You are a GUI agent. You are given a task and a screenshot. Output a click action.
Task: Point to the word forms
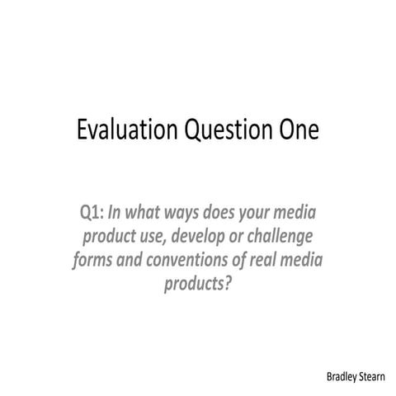[92, 262]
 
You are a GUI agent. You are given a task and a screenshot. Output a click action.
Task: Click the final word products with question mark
[198, 286]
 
